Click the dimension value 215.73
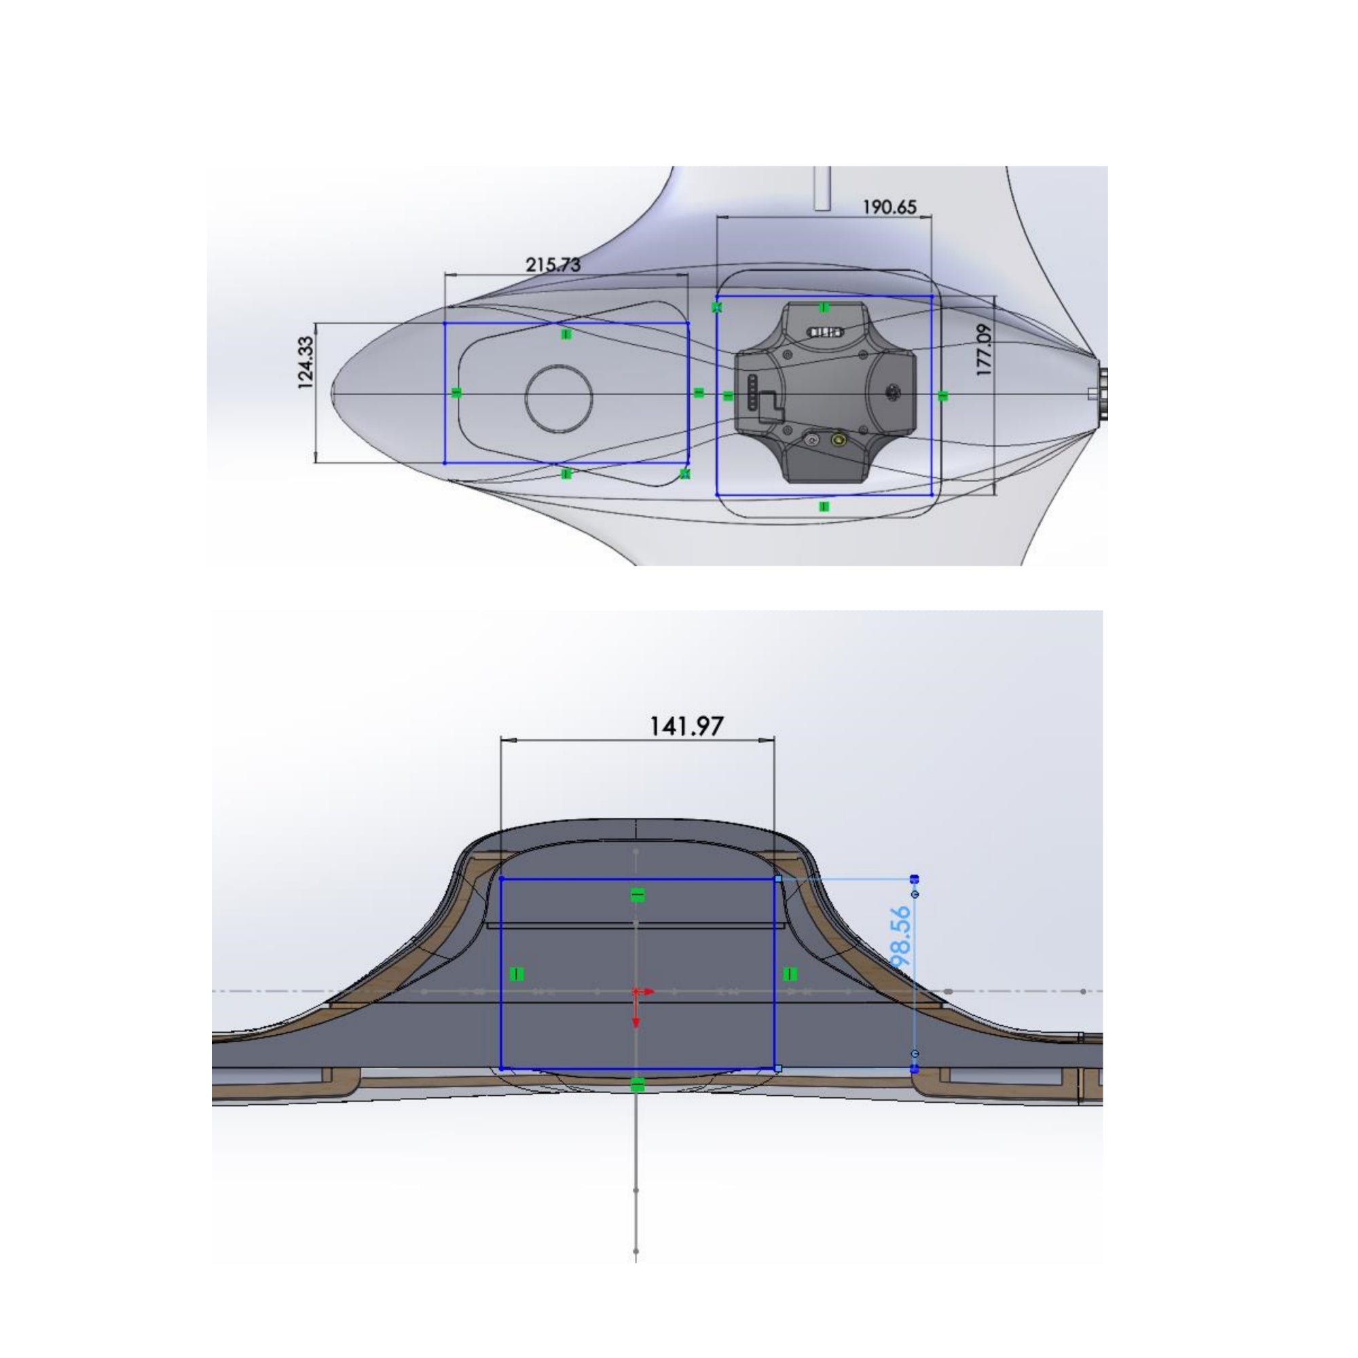tap(553, 265)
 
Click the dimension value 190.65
tap(889, 207)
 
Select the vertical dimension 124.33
tap(306, 363)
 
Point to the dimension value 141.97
tap(685, 726)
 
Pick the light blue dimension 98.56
tap(900, 938)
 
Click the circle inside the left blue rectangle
tap(559, 398)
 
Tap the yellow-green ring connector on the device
tap(838, 441)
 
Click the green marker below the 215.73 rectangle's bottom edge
tap(566, 475)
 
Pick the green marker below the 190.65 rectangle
tap(824, 507)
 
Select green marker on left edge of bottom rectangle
tap(517, 974)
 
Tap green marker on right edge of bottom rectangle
tap(790, 974)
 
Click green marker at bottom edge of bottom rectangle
tap(637, 1086)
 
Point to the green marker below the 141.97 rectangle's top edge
tap(637, 895)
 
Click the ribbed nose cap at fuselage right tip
tap(1102, 394)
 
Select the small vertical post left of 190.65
tap(822, 187)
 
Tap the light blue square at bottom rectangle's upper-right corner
tap(778, 879)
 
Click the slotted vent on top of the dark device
tap(826, 332)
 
